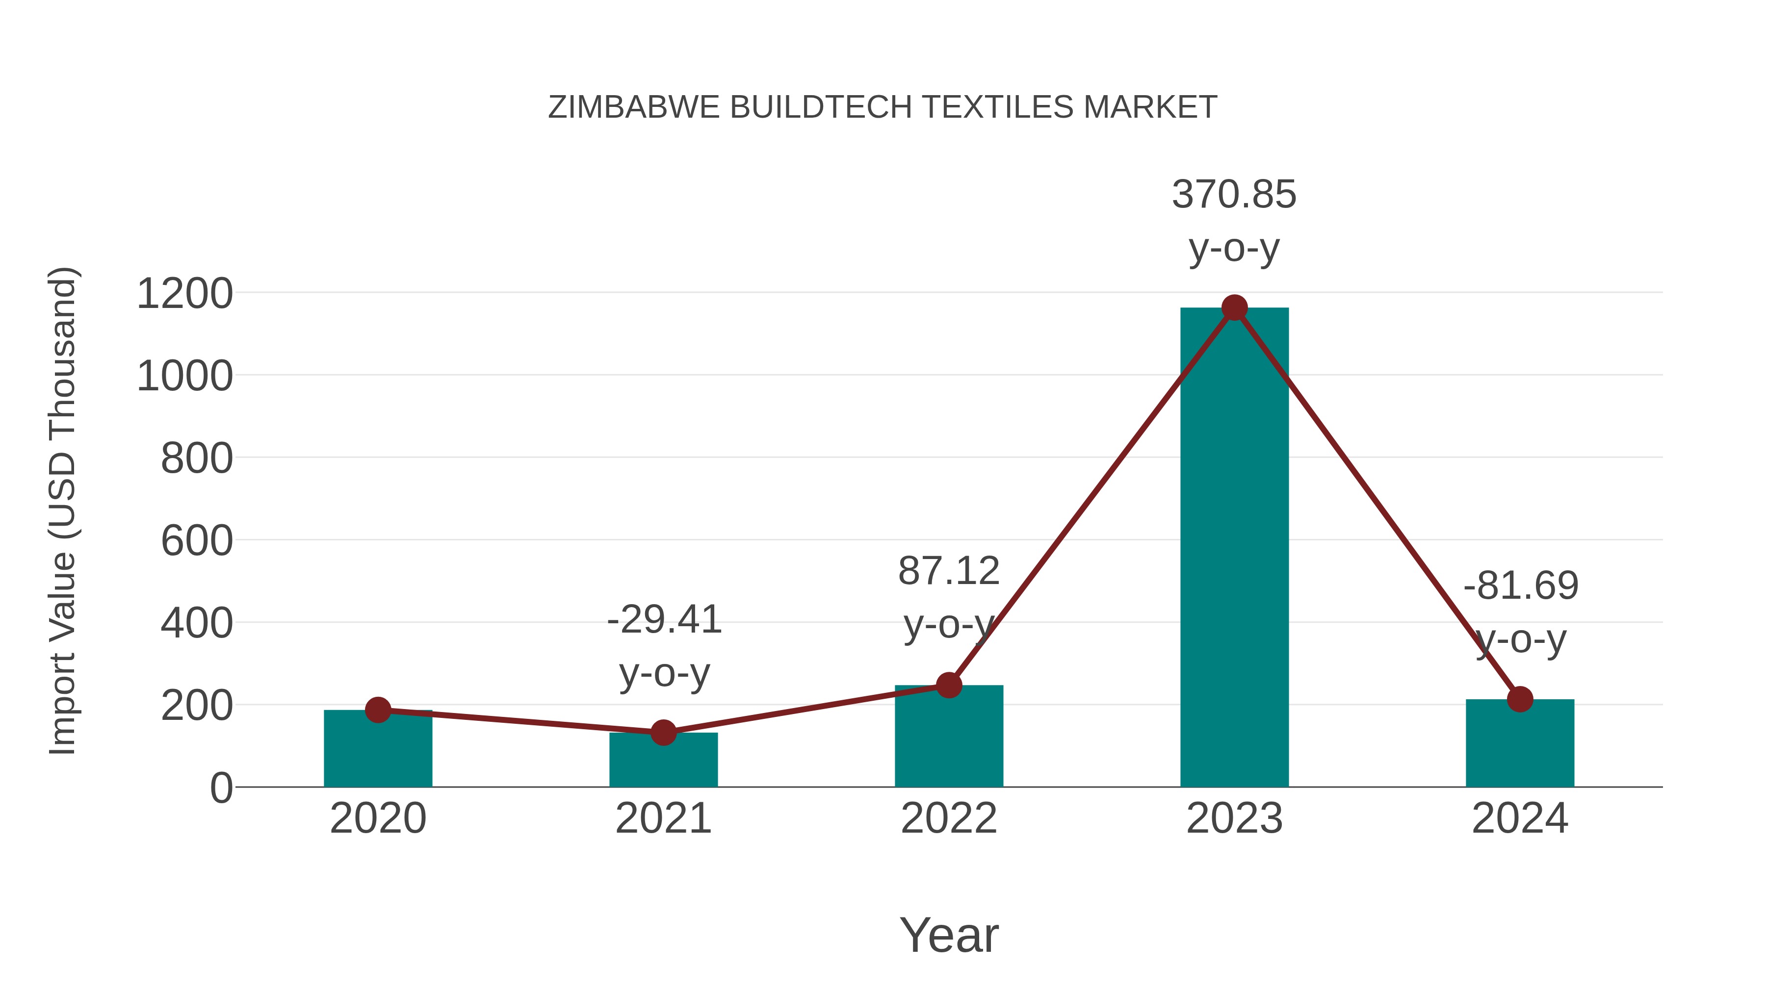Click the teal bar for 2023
(x=1234, y=548)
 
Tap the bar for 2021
(x=663, y=761)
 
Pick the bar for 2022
(x=949, y=737)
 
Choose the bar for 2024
(x=1520, y=743)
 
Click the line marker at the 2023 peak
(x=1234, y=307)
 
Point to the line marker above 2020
(x=378, y=710)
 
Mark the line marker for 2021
(x=663, y=733)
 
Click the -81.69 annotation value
(x=1521, y=586)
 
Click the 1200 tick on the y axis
(x=185, y=294)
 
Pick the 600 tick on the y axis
(x=197, y=541)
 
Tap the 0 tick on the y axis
(x=221, y=788)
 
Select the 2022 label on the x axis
(x=949, y=818)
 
